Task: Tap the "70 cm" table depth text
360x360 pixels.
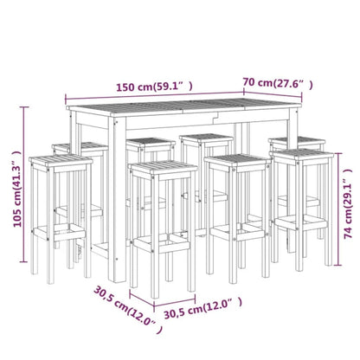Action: click(259, 83)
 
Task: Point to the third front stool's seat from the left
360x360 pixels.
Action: click(235, 161)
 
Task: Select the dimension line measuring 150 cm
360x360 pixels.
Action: click(147, 96)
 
